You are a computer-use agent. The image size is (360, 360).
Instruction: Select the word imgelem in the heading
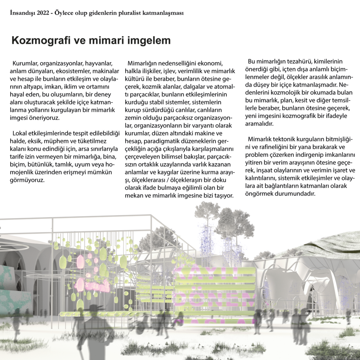coord(150,41)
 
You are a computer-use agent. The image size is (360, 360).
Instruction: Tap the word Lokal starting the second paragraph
coord(20,134)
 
